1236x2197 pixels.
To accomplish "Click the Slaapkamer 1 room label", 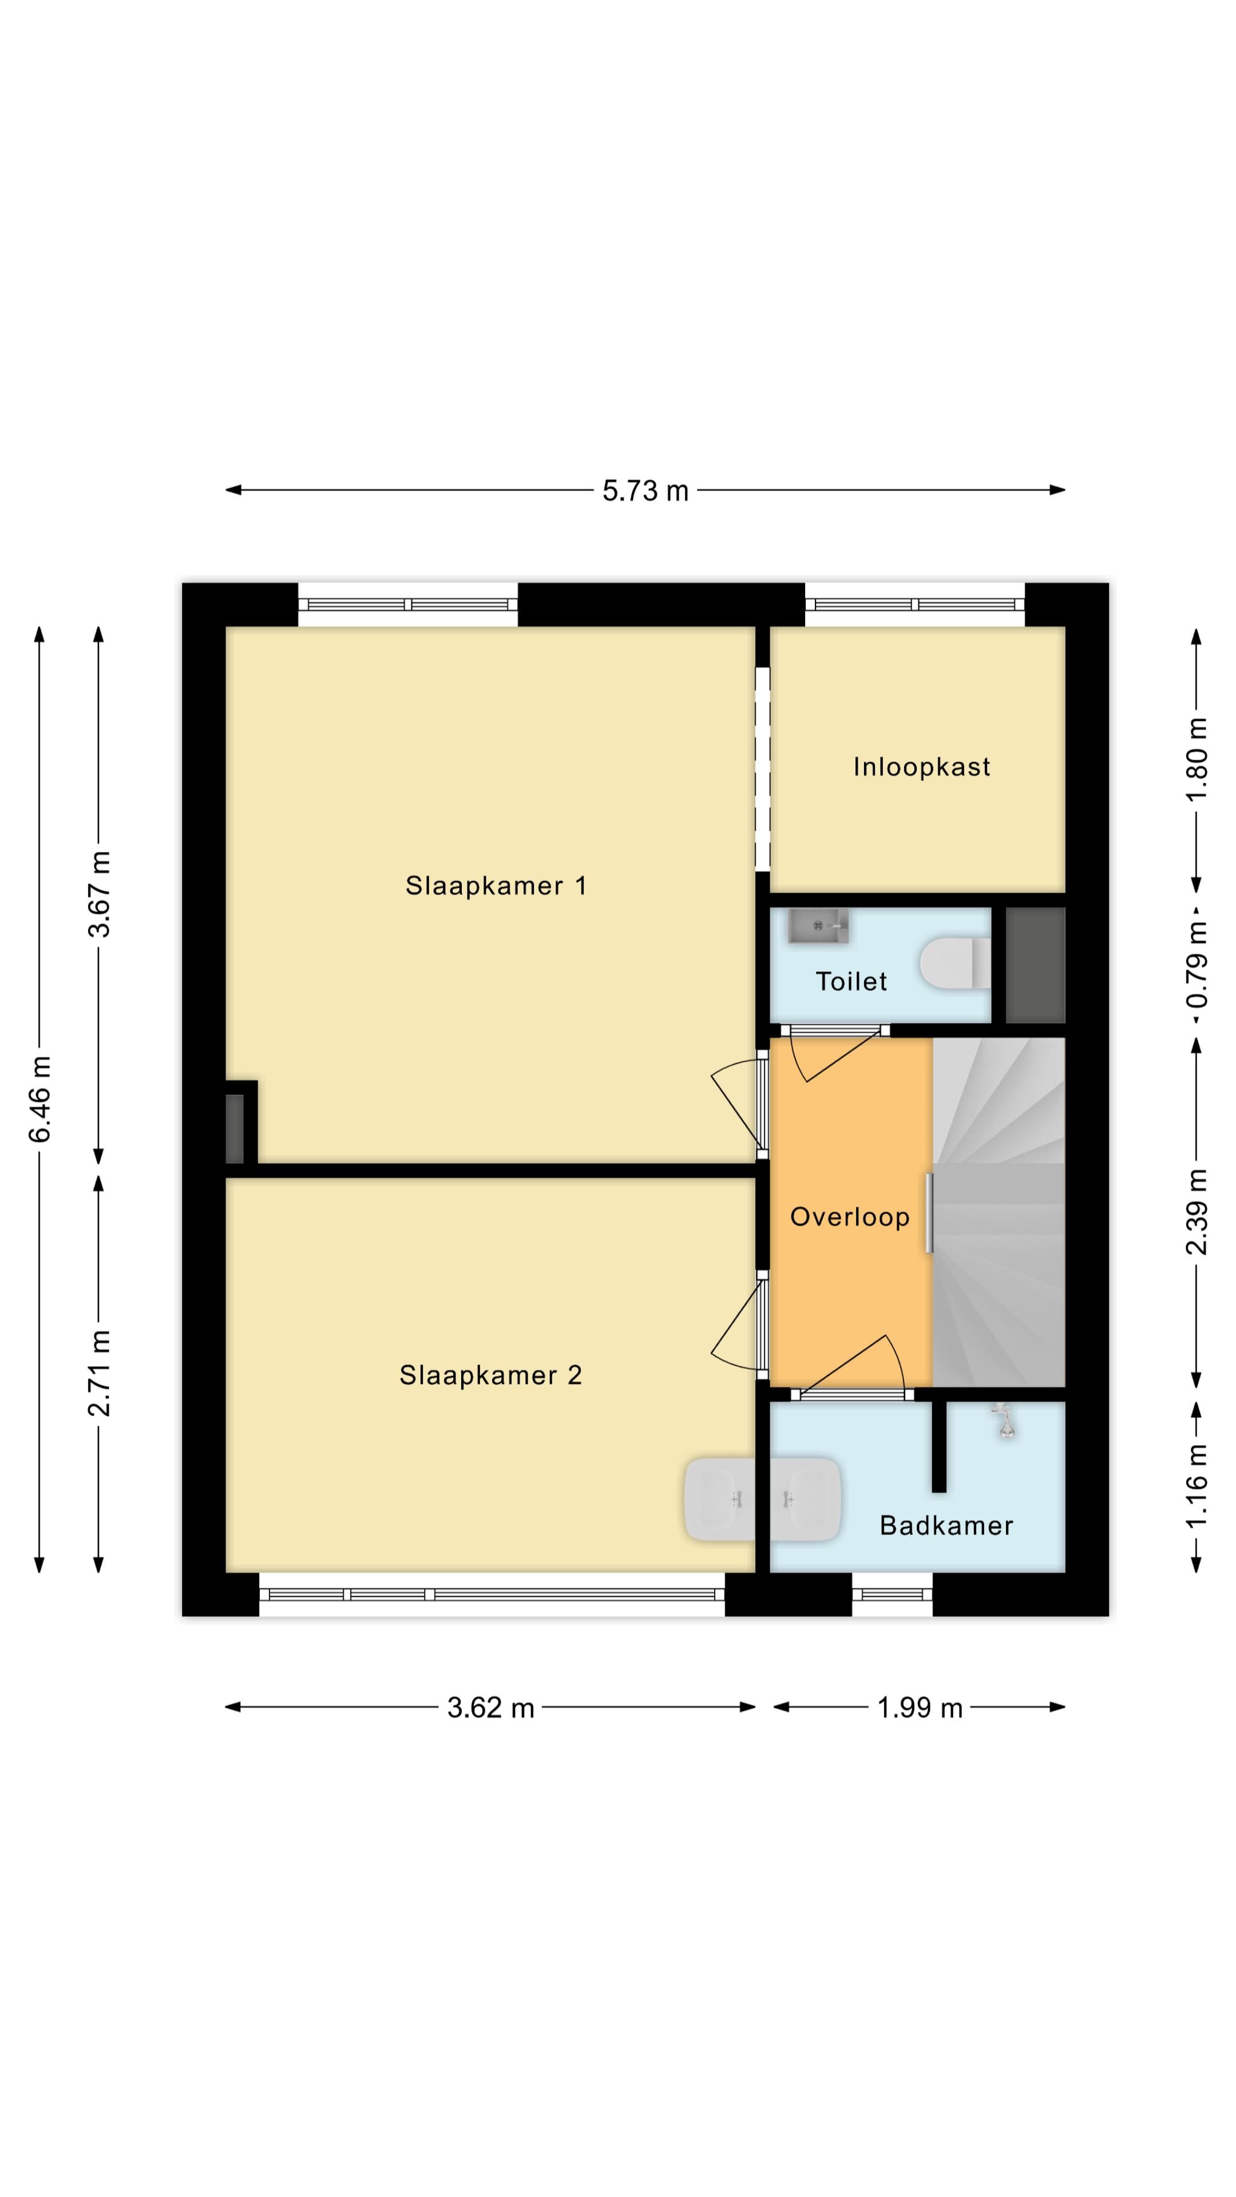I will [x=496, y=886].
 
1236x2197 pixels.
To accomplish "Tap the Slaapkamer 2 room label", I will [x=490, y=1375].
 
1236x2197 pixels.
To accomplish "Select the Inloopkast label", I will [x=921, y=767].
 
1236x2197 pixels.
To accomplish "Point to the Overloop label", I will [x=850, y=1217].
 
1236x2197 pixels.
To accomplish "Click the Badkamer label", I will [x=946, y=1526].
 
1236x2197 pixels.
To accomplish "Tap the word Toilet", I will [x=851, y=982].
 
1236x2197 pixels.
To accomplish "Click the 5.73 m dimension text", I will [x=645, y=491].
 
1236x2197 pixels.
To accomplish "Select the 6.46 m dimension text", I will [x=40, y=1098].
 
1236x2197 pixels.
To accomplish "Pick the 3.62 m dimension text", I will [x=490, y=1708].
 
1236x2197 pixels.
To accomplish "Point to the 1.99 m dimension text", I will [x=920, y=1708].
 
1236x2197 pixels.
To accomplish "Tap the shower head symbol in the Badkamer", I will [x=1006, y=1423].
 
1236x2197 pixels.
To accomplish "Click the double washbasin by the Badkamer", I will [x=763, y=1500].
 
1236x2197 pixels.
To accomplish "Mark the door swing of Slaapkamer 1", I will [x=735, y=1104].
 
